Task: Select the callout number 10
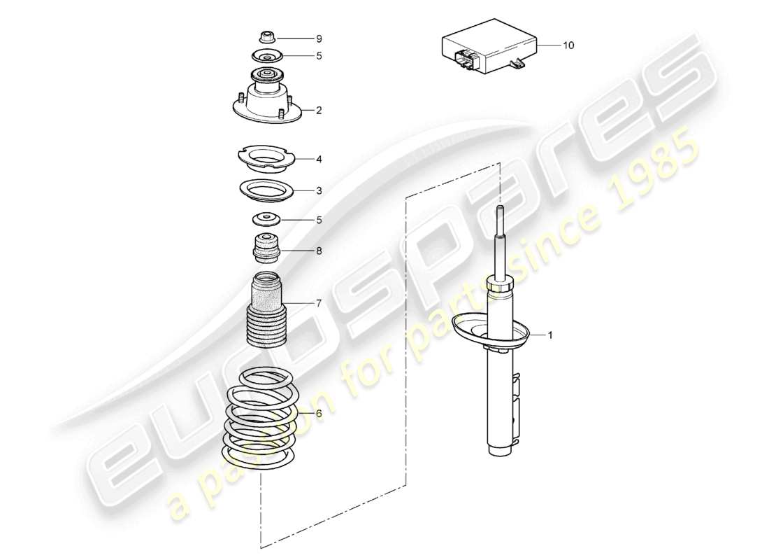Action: click(568, 45)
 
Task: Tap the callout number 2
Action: click(319, 110)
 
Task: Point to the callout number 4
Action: click(319, 159)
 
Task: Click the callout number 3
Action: click(319, 190)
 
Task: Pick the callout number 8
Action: click(319, 250)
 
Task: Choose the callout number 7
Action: click(319, 303)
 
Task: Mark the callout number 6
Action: click(319, 413)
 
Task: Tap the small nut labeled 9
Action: click(266, 36)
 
